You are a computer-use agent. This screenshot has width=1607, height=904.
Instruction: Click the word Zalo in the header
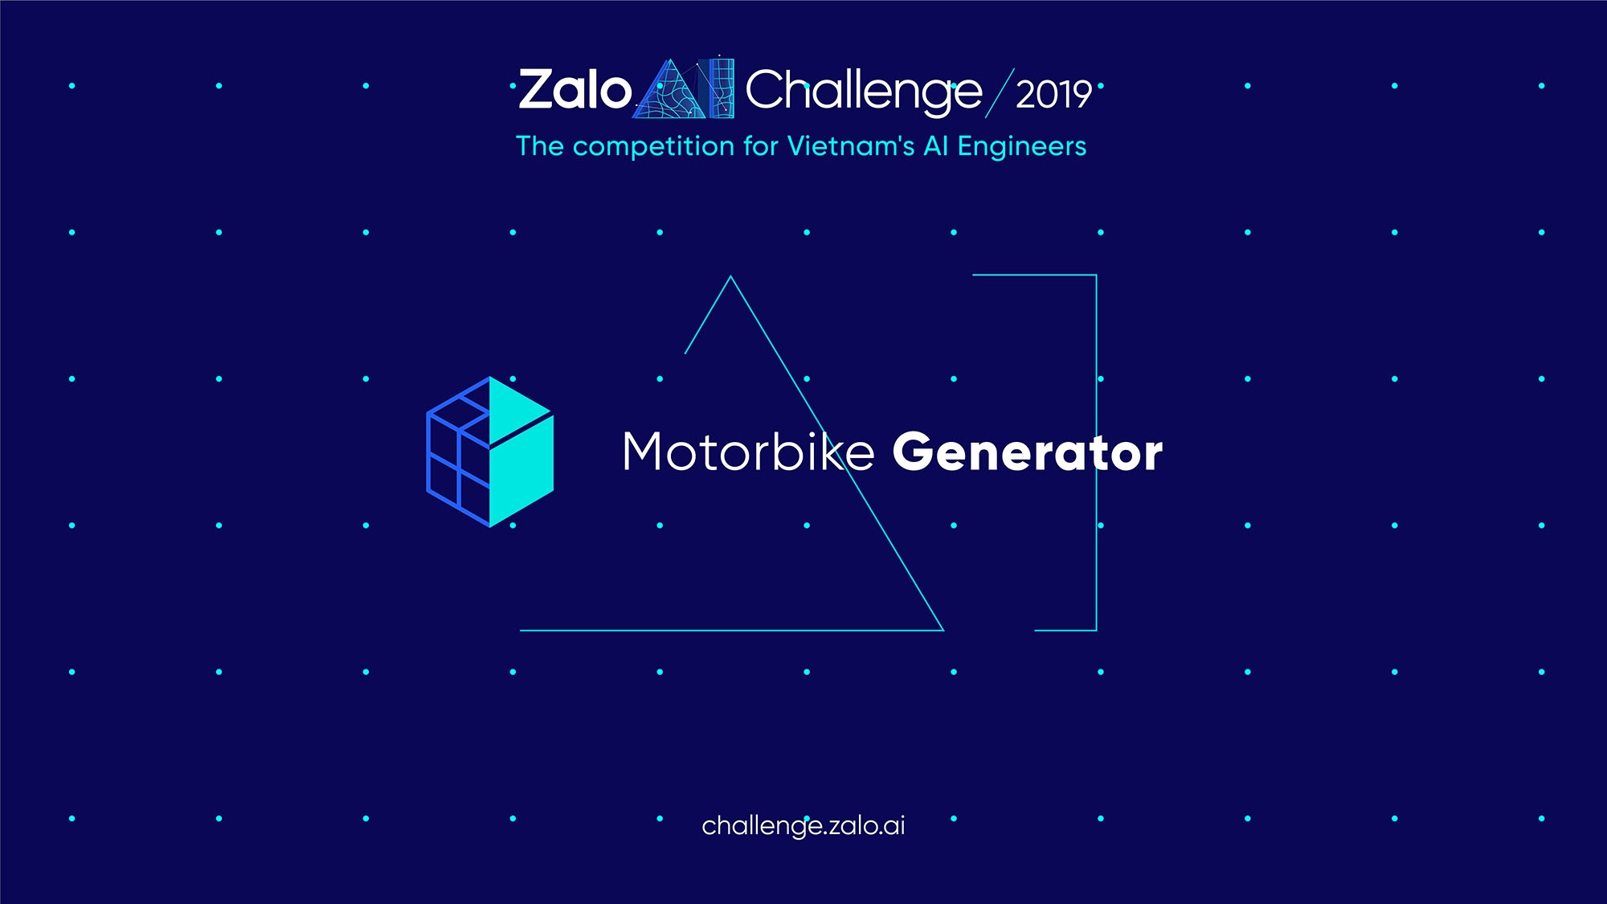575,89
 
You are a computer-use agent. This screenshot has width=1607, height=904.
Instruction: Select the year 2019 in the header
1053,95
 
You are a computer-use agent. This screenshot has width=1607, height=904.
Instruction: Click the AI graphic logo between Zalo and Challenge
684,88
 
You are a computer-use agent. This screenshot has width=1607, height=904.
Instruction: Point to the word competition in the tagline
653,147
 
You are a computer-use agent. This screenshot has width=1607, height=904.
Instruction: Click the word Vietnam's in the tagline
851,145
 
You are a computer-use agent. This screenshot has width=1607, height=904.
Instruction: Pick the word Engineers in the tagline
1022,147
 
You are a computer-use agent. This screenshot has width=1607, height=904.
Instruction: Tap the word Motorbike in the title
748,451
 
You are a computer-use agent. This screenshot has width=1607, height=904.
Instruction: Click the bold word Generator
1028,452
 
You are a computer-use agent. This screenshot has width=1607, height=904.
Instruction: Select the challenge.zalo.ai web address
803,826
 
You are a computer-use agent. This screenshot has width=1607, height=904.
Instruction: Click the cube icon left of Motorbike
489,452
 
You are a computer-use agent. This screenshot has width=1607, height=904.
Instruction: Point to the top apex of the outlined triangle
730,276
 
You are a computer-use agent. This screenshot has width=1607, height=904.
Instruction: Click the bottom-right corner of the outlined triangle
943,630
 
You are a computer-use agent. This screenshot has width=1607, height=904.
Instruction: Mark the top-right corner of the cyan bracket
1097,275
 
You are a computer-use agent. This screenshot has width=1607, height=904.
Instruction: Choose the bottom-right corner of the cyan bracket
1097,630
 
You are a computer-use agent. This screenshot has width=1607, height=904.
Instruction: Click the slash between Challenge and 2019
1000,93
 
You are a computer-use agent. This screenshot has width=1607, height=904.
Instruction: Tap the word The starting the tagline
540,146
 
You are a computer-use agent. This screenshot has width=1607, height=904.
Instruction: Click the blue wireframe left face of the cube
457,453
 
